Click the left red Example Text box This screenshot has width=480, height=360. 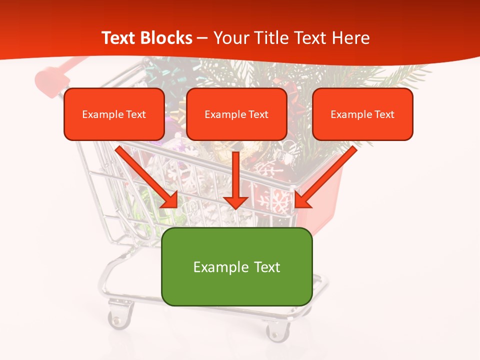tap(114, 114)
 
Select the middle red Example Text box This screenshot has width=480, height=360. tap(236, 114)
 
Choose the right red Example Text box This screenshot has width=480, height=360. tap(362, 114)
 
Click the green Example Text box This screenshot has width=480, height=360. tap(236, 267)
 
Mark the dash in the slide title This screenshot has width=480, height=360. tap(202, 38)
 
